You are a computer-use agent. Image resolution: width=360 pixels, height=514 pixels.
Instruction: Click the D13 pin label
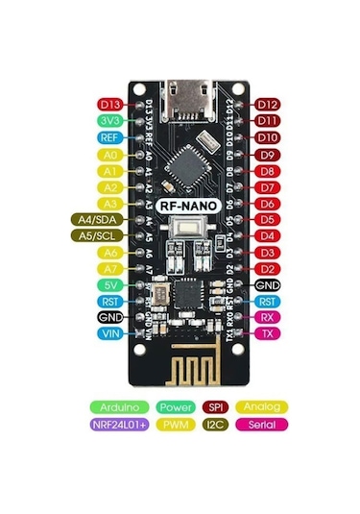point(108,104)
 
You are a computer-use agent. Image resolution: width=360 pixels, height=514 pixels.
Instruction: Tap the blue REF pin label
point(108,136)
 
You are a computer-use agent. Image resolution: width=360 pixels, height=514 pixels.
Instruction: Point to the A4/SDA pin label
point(96,219)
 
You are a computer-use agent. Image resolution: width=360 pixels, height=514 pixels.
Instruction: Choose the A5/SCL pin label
point(96,235)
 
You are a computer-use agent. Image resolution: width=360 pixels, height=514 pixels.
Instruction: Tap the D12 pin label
point(268,104)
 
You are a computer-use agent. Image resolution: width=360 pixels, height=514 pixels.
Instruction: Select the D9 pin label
point(268,154)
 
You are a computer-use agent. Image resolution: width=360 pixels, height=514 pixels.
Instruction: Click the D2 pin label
point(268,268)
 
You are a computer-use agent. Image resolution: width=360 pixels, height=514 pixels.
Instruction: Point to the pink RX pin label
point(268,317)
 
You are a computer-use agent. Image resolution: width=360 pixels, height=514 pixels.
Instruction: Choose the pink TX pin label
point(268,333)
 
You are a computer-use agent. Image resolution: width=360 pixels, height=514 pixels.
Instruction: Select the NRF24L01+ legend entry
point(120,423)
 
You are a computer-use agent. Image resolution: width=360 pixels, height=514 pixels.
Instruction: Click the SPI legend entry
point(213,406)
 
